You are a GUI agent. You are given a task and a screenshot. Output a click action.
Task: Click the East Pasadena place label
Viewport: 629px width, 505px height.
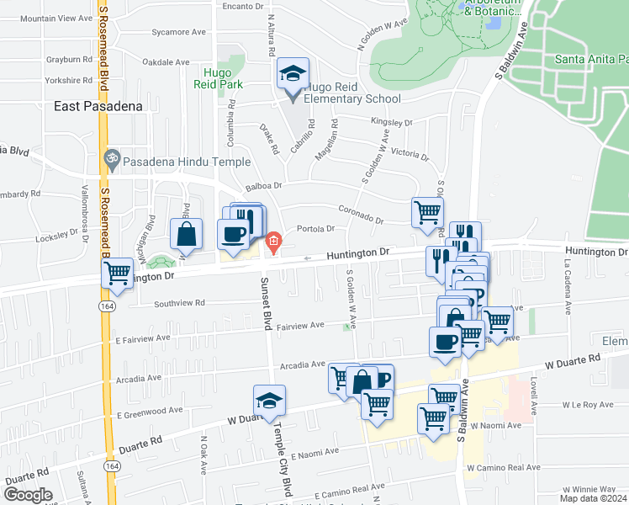click(x=98, y=106)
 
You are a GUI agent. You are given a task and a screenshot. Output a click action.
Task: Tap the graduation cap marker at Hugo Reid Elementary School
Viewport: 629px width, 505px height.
click(x=293, y=74)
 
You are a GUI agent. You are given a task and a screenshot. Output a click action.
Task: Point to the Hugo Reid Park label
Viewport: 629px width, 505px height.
click(x=222, y=78)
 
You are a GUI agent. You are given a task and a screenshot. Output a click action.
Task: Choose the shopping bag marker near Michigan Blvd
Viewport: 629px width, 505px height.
click(x=186, y=233)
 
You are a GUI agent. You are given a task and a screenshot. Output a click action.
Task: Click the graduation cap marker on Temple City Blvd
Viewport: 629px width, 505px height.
click(x=269, y=400)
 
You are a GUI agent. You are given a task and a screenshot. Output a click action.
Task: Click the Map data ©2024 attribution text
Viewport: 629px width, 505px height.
click(x=593, y=498)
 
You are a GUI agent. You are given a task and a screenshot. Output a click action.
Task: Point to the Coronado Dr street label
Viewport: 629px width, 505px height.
click(x=361, y=214)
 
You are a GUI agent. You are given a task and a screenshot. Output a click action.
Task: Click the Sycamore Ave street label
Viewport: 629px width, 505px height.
click(x=179, y=32)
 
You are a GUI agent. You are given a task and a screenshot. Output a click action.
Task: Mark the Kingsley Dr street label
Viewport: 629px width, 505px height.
click(x=391, y=122)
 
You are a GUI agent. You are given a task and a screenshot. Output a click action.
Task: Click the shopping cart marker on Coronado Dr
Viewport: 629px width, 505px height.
click(x=427, y=210)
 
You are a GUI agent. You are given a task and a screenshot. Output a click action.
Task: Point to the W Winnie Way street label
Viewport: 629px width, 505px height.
click(x=589, y=488)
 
